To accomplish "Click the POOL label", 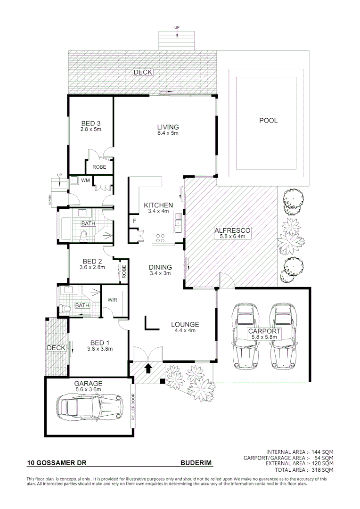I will point(268,121).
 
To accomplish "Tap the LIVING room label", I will point(168,127).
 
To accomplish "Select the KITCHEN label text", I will point(158,205).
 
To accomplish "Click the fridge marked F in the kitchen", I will point(134,221).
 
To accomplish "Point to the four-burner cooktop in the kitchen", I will point(160,238).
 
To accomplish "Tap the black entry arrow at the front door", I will point(148,368).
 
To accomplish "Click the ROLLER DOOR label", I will point(133,407).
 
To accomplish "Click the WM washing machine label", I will point(85,180).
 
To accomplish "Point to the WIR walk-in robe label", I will point(112,299).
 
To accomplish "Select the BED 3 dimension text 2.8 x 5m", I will point(91,129).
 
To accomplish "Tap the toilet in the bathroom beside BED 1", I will point(65,308).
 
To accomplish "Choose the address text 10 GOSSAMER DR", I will point(57,463).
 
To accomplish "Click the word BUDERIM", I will point(196,463).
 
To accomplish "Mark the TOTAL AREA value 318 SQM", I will point(322,470).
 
